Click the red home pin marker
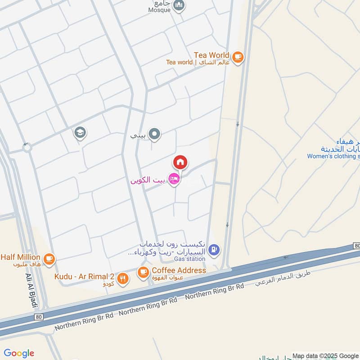(180, 162)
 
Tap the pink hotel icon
(174, 179)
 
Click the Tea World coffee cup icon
(238, 57)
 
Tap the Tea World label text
(211, 55)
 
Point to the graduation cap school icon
(81, 133)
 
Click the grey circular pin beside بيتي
(155, 134)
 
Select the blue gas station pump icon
(215, 248)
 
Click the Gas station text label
(190, 259)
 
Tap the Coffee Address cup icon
(143, 271)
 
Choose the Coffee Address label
(179, 270)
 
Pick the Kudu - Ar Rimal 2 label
(84, 276)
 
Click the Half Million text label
(20, 257)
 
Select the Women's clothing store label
(333, 156)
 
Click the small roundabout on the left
(27, 147)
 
